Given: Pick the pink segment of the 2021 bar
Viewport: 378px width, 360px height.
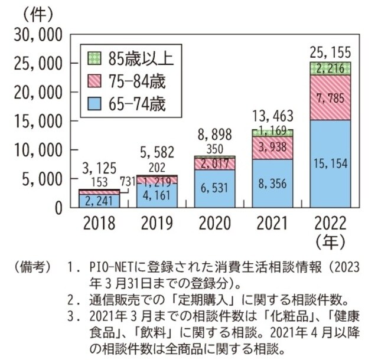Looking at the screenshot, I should [x=273, y=148].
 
